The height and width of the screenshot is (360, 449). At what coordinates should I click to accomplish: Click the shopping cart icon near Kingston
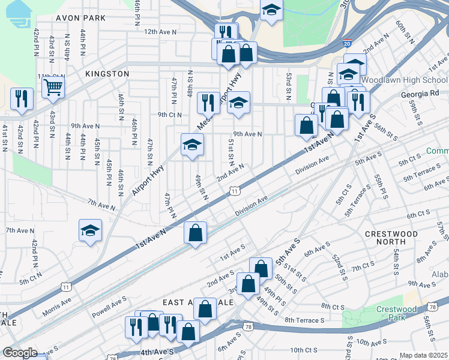tap(53, 88)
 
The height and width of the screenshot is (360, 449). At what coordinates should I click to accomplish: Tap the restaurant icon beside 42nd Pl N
tap(22, 99)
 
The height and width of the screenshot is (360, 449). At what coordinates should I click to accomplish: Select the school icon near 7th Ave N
tap(90, 231)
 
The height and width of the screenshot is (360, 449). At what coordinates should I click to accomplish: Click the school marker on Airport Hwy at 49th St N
tap(192, 145)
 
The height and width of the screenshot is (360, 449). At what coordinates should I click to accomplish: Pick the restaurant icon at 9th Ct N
tap(208, 103)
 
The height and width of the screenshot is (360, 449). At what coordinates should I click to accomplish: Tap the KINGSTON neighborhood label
tap(107, 74)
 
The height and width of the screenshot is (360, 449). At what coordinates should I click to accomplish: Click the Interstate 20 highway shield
tap(347, 44)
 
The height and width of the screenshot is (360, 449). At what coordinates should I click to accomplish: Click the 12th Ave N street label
tap(160, 31)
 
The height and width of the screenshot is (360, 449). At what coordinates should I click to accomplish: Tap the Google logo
tap(20, 353)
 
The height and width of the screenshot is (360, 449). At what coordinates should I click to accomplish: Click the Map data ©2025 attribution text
tap(423, 355)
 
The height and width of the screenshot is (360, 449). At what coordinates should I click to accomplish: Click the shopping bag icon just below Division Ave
tap(196, 233)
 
